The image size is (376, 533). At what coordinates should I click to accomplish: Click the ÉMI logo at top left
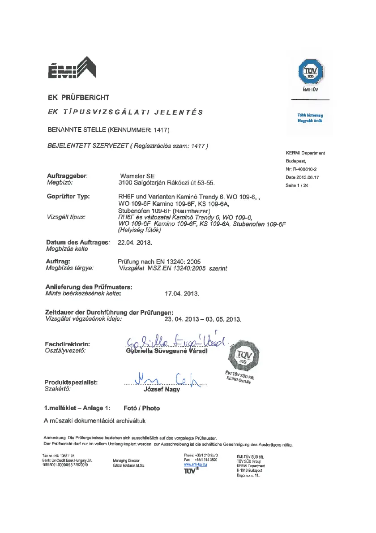[x=72, y=68]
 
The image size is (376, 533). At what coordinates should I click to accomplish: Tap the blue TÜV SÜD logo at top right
[x=310, y=72]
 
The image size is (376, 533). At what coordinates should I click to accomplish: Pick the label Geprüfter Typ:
[x=68, y=196]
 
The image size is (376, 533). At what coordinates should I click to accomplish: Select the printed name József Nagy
[x=161, y=389]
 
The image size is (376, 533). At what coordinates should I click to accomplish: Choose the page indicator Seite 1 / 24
[x=297, y=185]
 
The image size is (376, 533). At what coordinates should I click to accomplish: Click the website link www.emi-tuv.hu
[x=196, y=465]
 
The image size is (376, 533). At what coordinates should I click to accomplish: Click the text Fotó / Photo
[x=141, y=408]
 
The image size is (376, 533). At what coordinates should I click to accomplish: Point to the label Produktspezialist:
[x=71, y=382]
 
